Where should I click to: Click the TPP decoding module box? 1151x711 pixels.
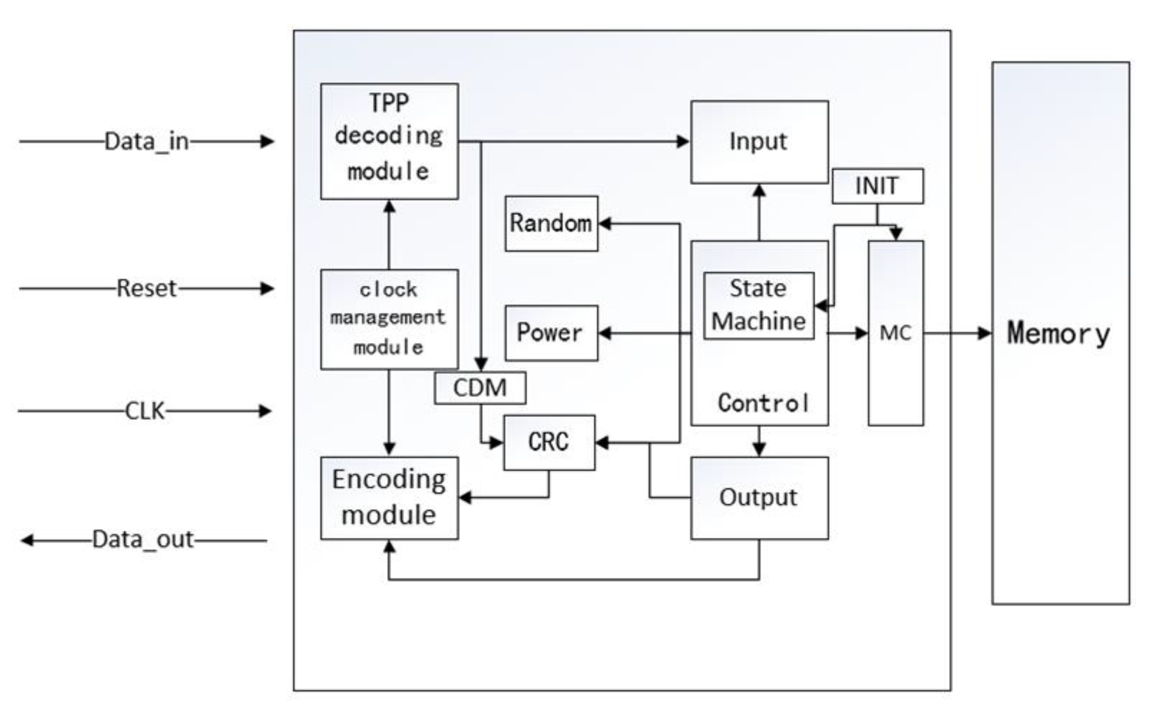(x=389, y=141)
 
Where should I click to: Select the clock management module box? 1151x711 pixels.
(x=389, y=319)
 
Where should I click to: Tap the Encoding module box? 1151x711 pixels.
(x=389, y=498)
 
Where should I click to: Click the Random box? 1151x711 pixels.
(x=551, y=223)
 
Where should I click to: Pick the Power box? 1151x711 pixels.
(x=551, y=333)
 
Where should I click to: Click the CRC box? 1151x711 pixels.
(x=549, y=442)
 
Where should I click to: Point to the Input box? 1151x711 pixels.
(x=759, y=141)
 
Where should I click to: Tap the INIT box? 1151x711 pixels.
(x=877, y=186)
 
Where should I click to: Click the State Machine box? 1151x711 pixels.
(x=759, y=305)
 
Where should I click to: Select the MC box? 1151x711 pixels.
(x=896, y=333)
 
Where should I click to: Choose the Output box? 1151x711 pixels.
(x=759, y=498)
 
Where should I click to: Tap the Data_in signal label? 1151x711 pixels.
(x=146, y=141)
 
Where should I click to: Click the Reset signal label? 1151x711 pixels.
(x=146, y=288)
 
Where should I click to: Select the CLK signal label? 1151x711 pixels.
(x=144, y=411)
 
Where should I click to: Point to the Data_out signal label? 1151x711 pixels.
(x=143, y=540)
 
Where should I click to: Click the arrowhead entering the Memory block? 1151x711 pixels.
(x=984, y=333)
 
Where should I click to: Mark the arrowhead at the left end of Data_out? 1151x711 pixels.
(x=27, y=540)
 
